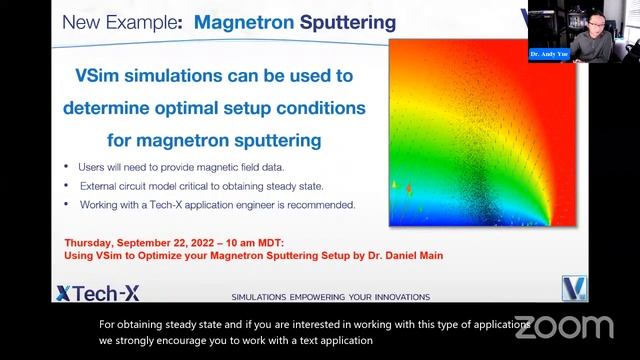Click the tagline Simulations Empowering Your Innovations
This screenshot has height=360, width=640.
pyautogui.click(x=330, y=297)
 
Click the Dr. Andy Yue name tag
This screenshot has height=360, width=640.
pyautogui.click(x=549, y=55)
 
